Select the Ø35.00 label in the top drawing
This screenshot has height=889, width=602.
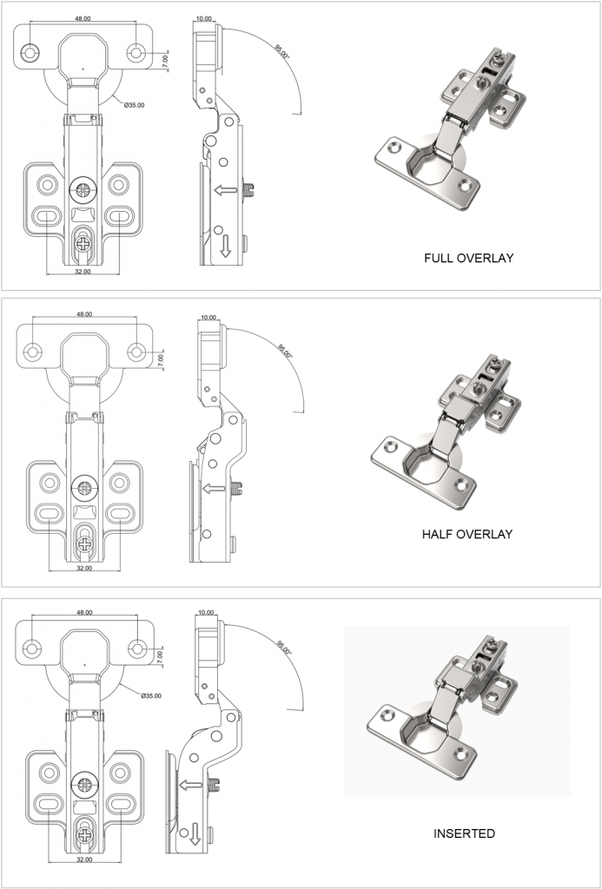tap(134, 105)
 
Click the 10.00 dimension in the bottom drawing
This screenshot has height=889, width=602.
tap(206, 613)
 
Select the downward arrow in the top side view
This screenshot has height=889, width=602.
tap(225, 247)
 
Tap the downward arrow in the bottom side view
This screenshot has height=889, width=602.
tap(211, 835)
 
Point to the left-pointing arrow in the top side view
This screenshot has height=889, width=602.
tap(226, 189)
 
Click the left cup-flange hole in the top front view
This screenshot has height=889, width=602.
tap(31, 53)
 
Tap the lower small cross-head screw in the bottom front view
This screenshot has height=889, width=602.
tap(84, 836)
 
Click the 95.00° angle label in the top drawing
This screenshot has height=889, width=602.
tap(283, 53)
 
